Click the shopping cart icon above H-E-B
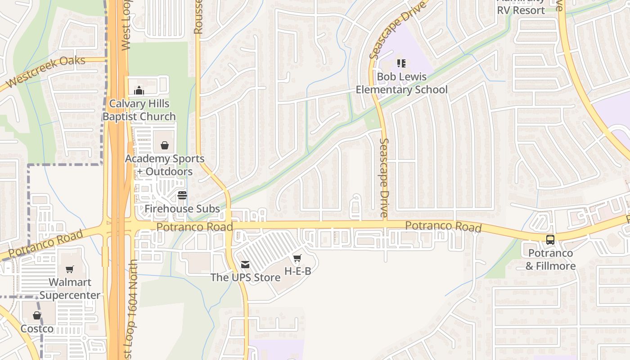coord(297,258)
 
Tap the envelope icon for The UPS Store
coord(245,265)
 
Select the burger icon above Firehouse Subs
coord(182,195)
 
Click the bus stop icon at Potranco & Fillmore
coord(550,240)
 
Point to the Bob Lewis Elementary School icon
coord(401,63)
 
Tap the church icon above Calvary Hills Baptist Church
coord(139,91)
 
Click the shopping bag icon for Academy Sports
coord(165,145)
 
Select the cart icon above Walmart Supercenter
coord(70,269)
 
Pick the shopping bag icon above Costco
coord(37,315)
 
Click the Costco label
coord(37,329)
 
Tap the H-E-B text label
coord(298,271)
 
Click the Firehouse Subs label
coord(182,209)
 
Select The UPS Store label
coord(246,277)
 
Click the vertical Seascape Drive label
coord(384,178)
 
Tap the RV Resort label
coord(521,9)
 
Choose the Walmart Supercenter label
coord(70,289)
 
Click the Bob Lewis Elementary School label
coord(402,83)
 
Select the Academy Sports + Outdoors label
coord(165,165)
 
